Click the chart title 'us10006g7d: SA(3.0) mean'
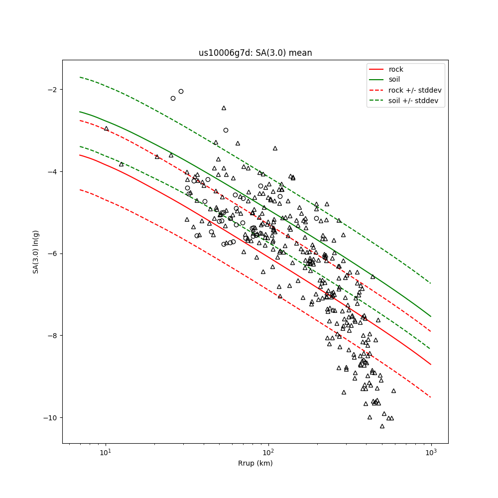coord(255,53)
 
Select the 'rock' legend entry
coord(396,69)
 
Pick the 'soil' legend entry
coord(394,79)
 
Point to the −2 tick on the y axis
coord(54,90)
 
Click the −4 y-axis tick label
coord(54,172)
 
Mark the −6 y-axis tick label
coord(54,253)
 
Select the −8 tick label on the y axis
coord(54,336)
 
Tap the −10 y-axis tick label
coord(52,417)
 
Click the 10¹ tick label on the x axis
coord(105,452)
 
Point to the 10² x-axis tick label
coord(268,452)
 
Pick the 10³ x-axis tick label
coord(431,452)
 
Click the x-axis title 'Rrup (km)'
coord(255,463)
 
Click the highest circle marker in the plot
coord(181,91)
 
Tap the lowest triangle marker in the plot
coord(382,426)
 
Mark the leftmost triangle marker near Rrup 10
coord(106,128)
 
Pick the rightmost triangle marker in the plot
coord(393,391)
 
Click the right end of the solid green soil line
coord(431,316)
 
